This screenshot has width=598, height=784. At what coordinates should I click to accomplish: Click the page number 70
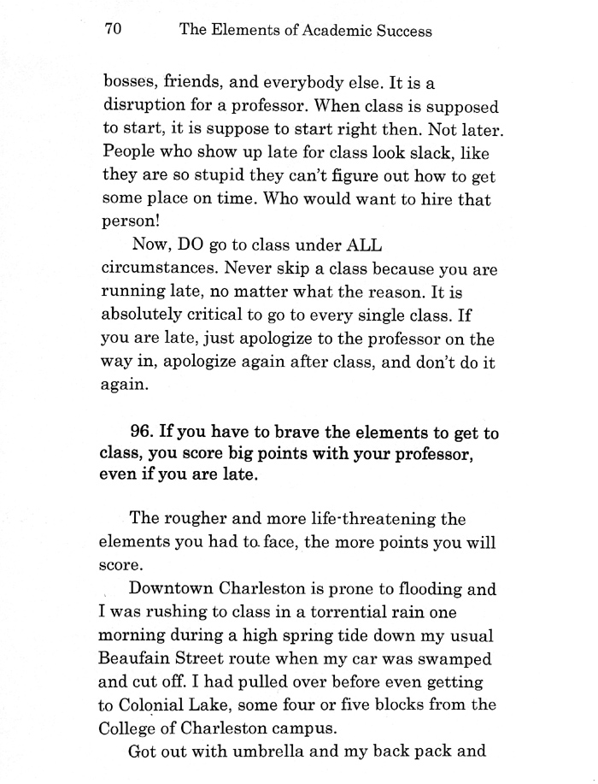click(x=114, y=30)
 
